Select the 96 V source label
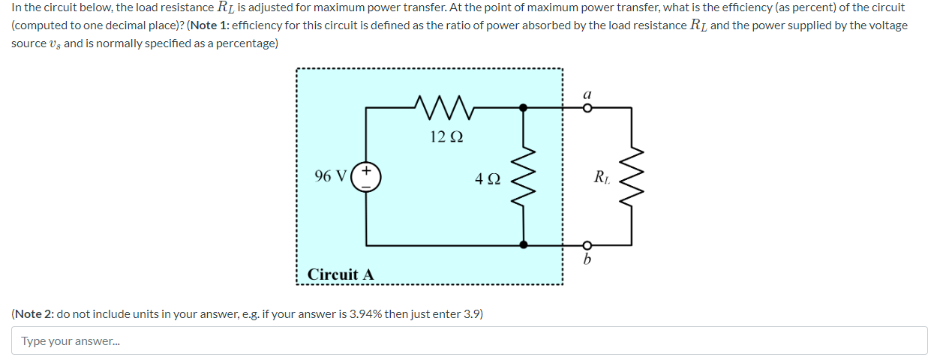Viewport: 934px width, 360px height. (330, 176)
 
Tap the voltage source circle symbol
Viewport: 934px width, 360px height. (367, 178)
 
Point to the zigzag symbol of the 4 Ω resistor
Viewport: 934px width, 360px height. (524, 178)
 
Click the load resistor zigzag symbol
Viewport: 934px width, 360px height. (631, 178)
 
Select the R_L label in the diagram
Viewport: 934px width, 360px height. (601, 178)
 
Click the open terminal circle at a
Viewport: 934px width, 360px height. (588, 108)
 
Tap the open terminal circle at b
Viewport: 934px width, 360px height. (588, 245)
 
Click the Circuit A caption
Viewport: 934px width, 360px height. (340, 274)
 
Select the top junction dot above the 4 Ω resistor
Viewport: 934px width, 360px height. (524, 108)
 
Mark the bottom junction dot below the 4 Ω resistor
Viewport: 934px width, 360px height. (524, 245)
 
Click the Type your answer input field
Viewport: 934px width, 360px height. (469, 341)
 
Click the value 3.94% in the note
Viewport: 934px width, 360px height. (365, 313)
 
